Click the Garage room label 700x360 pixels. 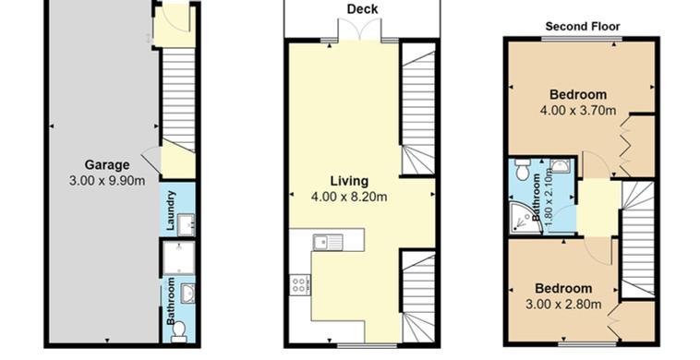pyautogui.click(x=107, y=165)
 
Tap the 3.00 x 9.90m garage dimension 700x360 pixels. pyautogui.click(x=107, y=181)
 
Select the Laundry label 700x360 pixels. pyautogui.click(x=171, y=210)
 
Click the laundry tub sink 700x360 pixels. pyautogui.click(x=187, y=224)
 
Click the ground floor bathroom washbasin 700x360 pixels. pyautogui.click(x=188, y=294)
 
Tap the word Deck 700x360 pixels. pyautogui.click(x=363, y=9)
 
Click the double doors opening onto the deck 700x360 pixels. pyautogui.click(x=359, y=30)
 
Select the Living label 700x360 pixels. pyautogui.click(x=350, y=181)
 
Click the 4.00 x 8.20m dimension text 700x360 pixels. pyautogui.click(x=349, y=197)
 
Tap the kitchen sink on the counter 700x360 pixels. pyautogui.click(x=328, y=242)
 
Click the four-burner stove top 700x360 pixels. pyautogui.click(x=299, y=284)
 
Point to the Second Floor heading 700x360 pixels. pyautogui.click(x=583, y=27)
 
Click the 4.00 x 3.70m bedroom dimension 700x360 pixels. pyautogui.click(x=578, y=110)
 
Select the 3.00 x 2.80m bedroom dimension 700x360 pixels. pyautogui.click(x=563, y=305)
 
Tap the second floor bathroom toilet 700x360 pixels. pyautogui.click(x=522, y=170)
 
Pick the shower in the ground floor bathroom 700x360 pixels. pyautogui.click(x=178, y=258)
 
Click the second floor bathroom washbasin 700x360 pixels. pyautogui.click(x=559, y=166)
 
